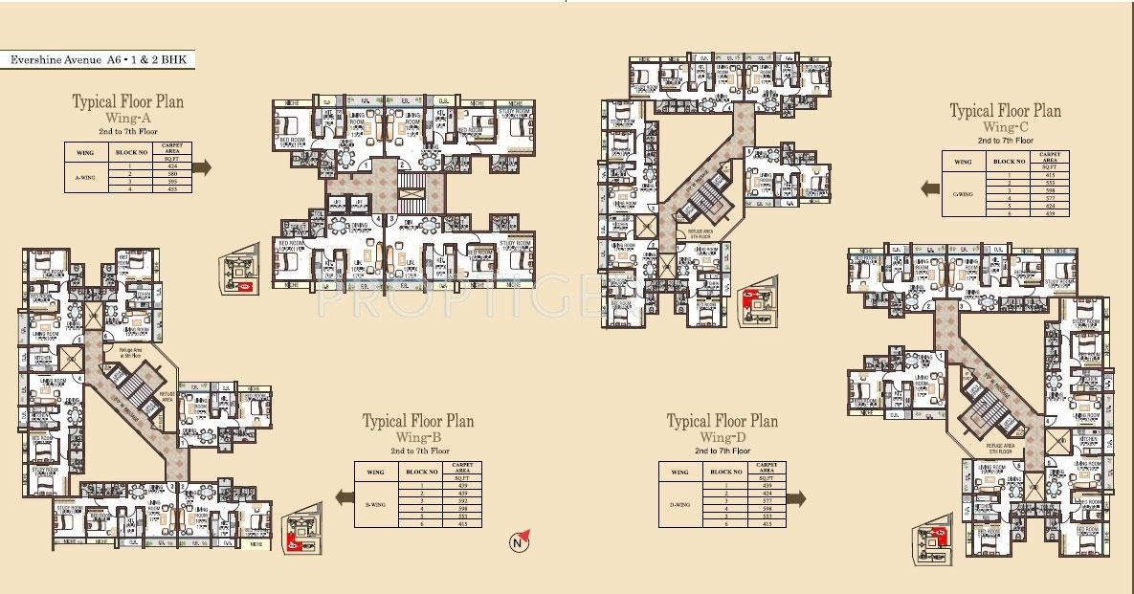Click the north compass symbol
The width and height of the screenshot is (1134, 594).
tap(518, 543)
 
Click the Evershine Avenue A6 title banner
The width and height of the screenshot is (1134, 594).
tap(100, 60)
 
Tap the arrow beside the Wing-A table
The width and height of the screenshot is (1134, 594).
tap(203, 166)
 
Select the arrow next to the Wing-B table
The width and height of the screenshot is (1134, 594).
tap(343, 496)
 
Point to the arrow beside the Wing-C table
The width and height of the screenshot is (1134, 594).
tap(929, 189)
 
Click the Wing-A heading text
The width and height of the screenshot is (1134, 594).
tap(128, 116)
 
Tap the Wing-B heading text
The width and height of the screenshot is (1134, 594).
tap(417, 436)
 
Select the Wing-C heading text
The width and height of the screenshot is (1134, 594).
tap(1004, 126)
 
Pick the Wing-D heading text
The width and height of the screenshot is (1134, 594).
tap(722, 436)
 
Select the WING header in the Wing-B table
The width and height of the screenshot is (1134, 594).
tap(376, 472)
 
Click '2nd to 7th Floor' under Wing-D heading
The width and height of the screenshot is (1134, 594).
tap(723, 450)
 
